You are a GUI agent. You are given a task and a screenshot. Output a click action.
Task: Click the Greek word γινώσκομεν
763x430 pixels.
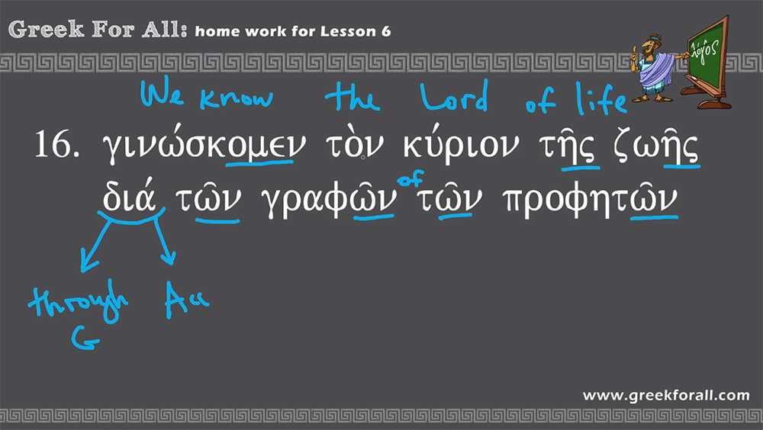point(204,143)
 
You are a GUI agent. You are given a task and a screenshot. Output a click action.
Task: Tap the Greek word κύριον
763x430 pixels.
point(461,143)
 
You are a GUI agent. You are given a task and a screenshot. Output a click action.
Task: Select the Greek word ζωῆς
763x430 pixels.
point(655,145)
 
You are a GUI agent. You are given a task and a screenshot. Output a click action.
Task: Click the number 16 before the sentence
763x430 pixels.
point(57,144)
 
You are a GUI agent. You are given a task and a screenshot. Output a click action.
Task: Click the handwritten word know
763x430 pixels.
point(237,97)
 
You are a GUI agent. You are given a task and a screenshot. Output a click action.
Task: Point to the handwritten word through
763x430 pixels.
point(79,301)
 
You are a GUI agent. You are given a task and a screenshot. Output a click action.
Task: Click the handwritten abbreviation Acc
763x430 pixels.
point(187,299)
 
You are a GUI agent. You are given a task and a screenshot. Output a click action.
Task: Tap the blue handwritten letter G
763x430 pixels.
point(85,338)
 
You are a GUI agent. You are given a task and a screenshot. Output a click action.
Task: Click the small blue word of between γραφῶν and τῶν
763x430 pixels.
point(410,178)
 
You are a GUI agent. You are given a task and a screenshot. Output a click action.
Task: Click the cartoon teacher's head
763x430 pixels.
point(649,47)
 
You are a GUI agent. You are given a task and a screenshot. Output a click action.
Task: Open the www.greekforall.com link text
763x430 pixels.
point(666,396)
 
